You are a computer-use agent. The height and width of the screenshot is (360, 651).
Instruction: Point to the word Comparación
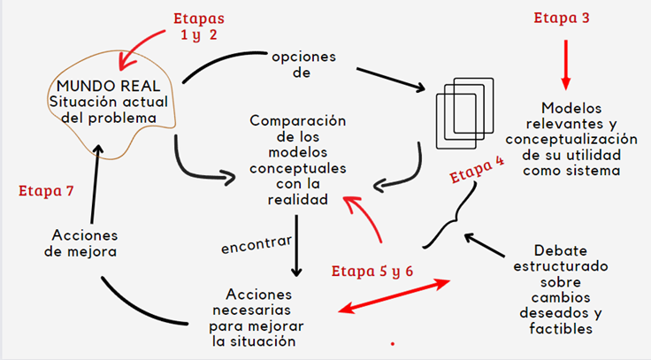[297, 120]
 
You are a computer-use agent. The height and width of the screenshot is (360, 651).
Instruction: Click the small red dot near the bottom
[392, 342]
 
